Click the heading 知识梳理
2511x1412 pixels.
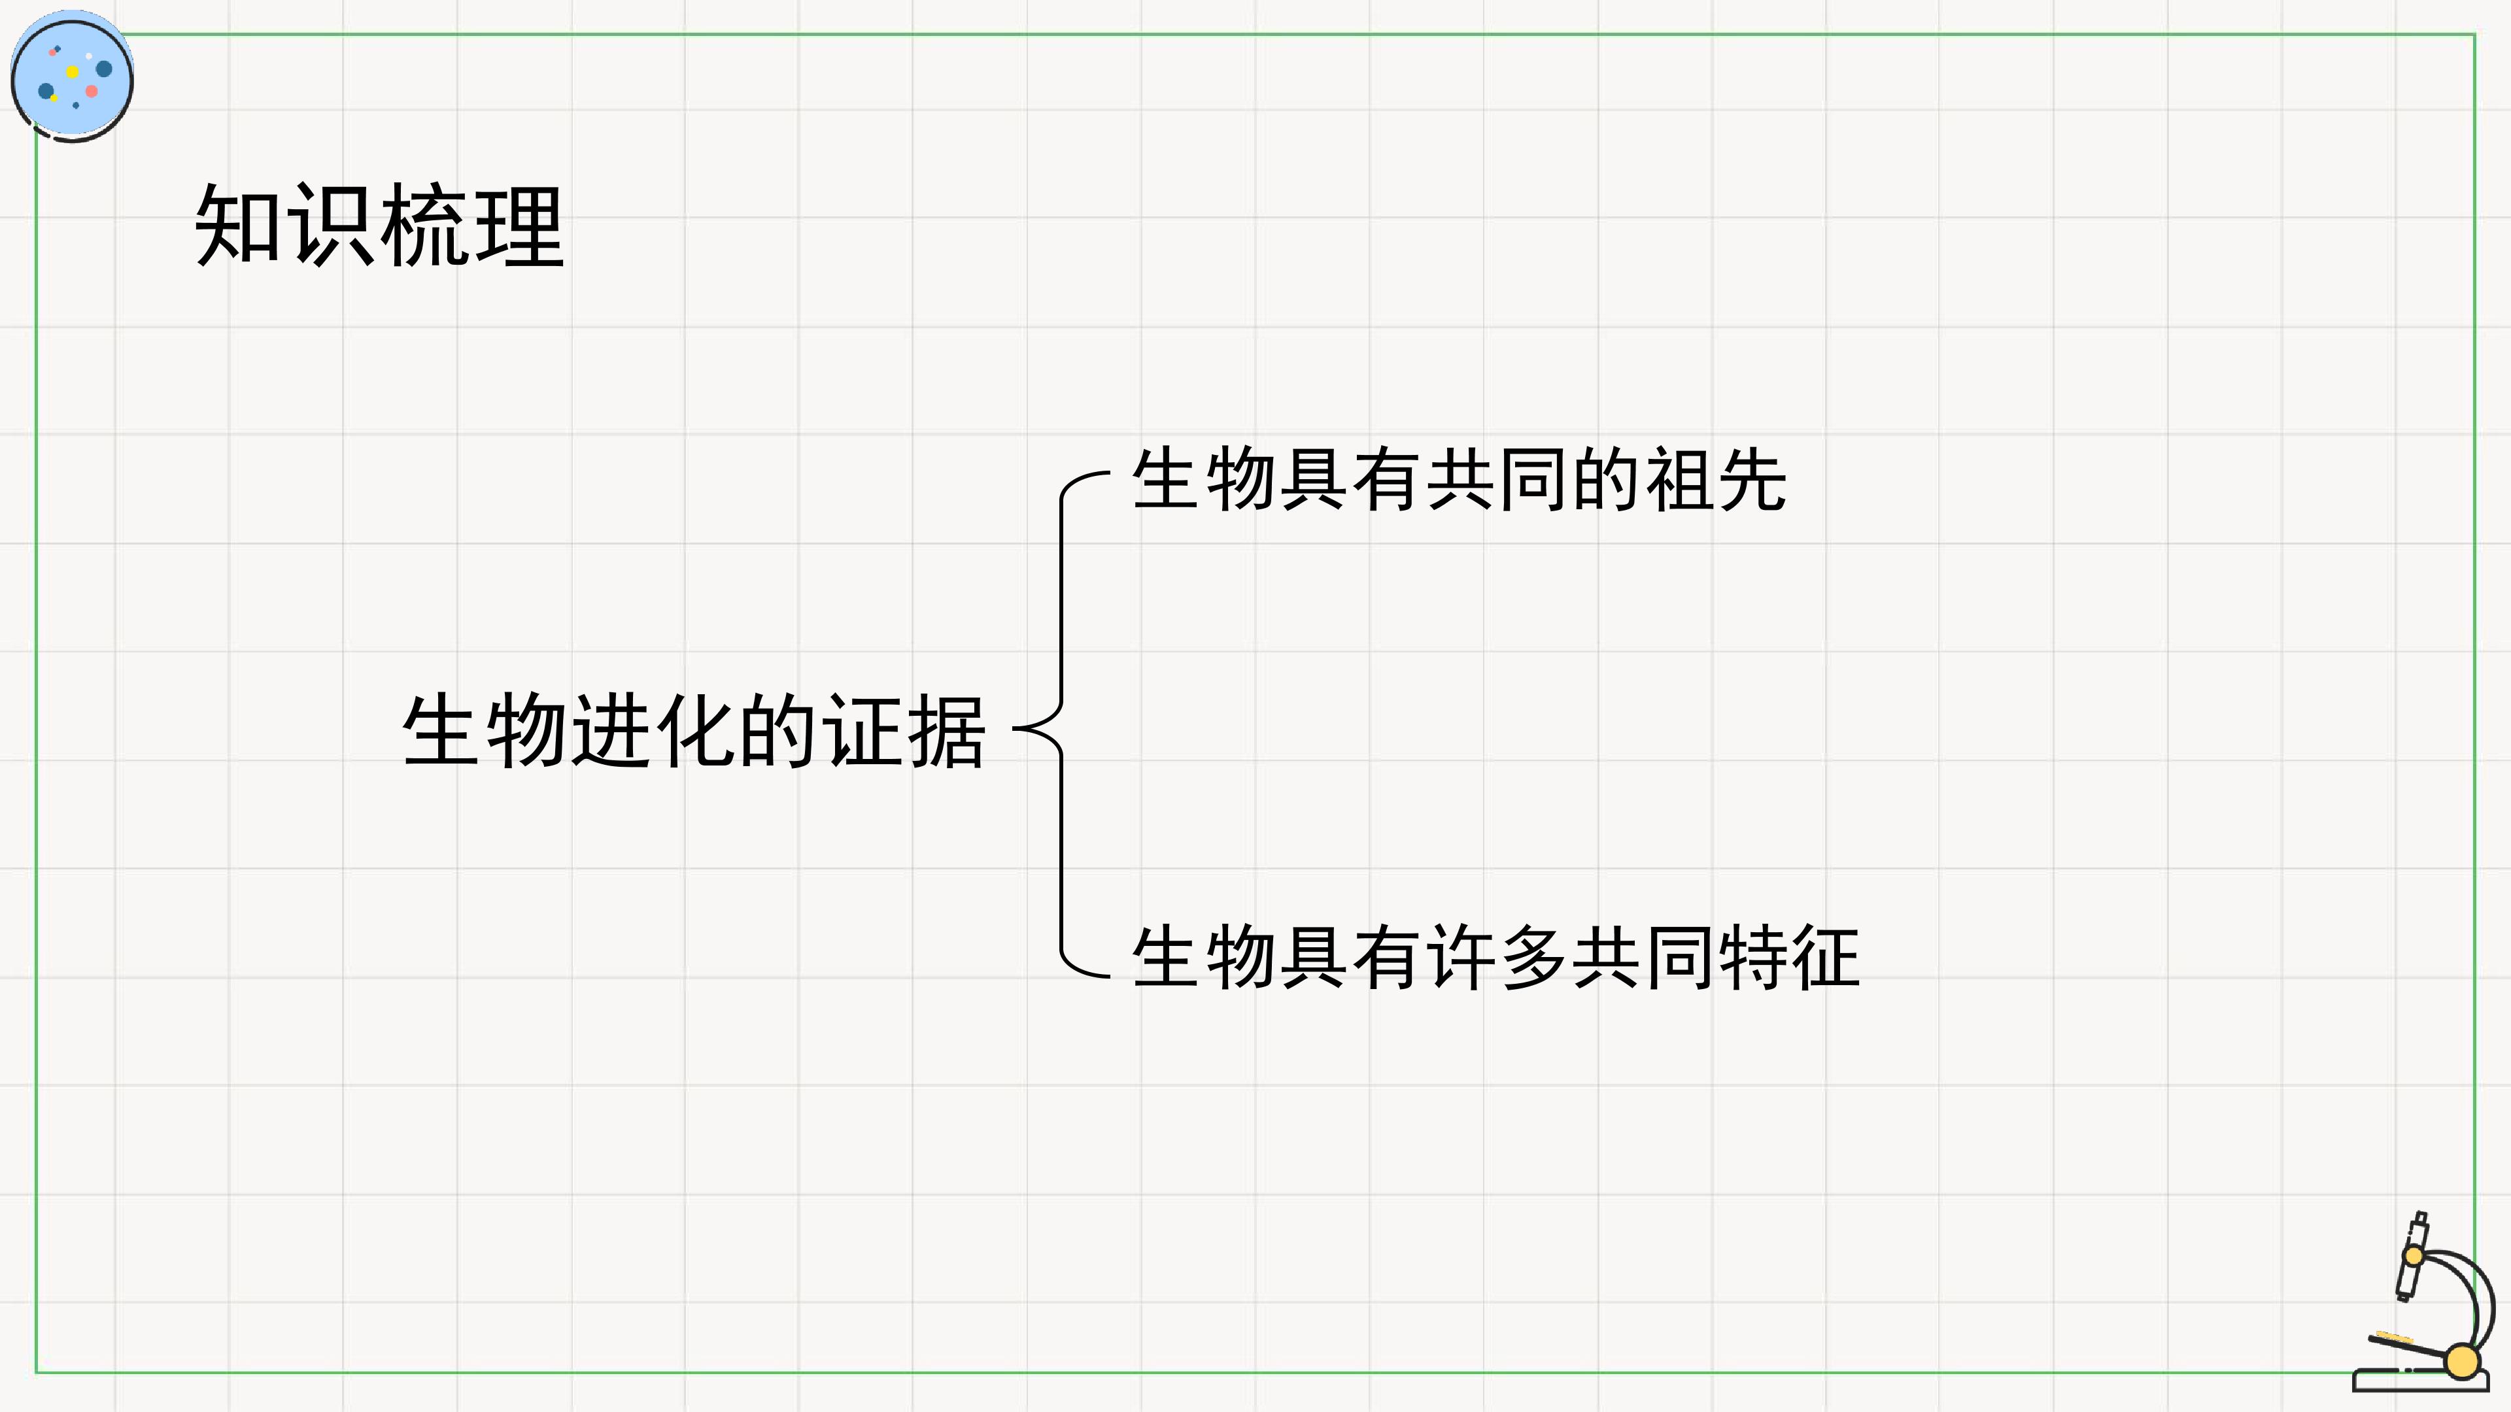coord(379,226)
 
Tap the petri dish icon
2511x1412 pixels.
coord(72,76)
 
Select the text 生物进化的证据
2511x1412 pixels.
coord(694,731)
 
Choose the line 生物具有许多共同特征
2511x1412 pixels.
coord(1496,958)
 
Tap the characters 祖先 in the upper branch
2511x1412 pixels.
coord(1716,479)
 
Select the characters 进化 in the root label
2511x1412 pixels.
coord(652,731)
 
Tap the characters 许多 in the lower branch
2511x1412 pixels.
coord(1496,958)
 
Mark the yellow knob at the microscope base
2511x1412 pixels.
coord(2462,1361)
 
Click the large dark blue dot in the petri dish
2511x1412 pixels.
coord(103,68)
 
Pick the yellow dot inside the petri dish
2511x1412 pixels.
coord(72,71)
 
